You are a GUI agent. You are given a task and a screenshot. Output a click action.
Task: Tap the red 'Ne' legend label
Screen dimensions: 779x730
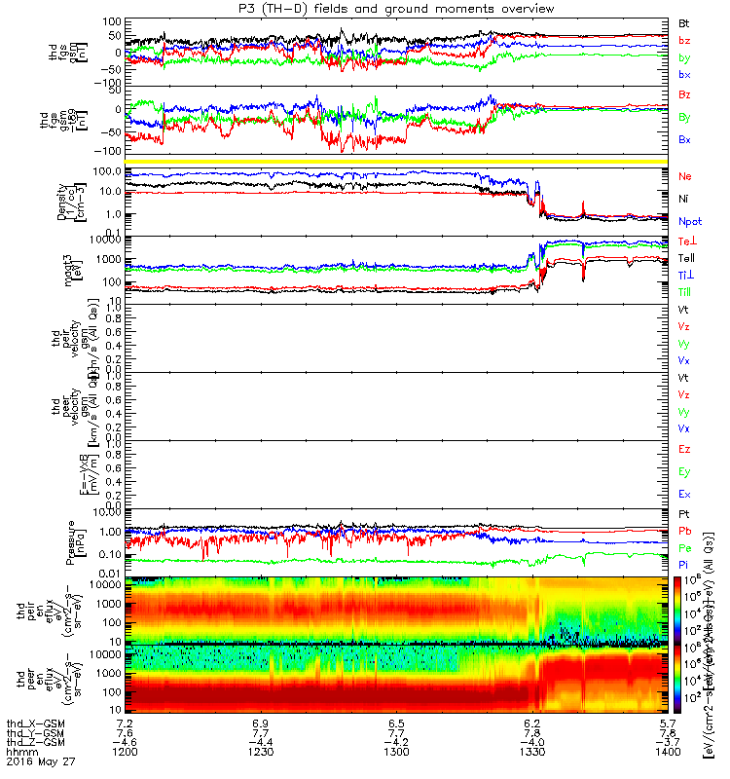684,175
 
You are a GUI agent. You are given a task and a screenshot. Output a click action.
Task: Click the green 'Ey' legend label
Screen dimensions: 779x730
684,472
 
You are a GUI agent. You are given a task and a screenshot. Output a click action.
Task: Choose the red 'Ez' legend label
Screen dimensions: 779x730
684,450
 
